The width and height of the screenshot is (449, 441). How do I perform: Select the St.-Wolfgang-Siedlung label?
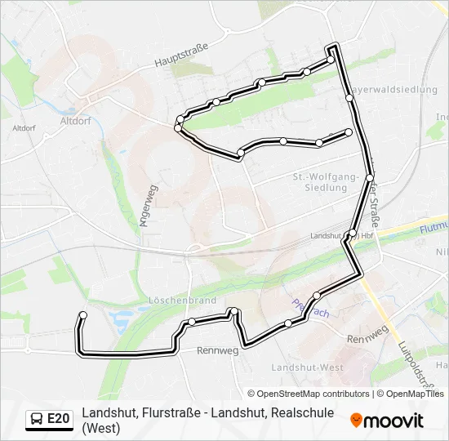coord(325,182)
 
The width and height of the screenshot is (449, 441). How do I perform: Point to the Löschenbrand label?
coord(181,301)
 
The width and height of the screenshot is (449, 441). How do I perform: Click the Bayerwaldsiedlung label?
coord(394,90)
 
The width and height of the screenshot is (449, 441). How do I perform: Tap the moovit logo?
coord(387,421)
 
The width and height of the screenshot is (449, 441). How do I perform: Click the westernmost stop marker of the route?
coord(82,315)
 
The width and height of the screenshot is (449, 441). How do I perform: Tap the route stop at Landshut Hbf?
coord(352,234)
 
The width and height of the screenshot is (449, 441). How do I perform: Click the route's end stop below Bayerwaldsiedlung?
coord(349,132)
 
